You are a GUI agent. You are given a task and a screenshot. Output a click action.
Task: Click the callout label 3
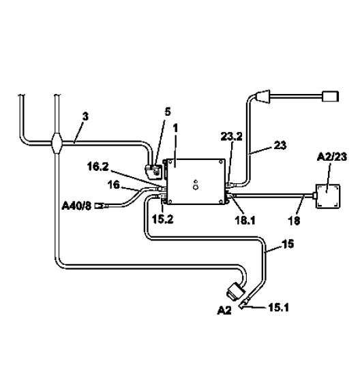(x=85, y=116)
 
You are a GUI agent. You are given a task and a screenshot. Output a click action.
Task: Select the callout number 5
(x=168, y=112)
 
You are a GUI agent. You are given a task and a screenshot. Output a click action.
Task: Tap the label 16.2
(x=98, y=167)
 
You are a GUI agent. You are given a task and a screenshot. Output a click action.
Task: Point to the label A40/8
(x=76, y=206)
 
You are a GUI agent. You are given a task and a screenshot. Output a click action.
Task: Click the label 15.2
(x=162, y=219)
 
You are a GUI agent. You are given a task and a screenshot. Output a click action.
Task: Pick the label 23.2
(x=231, y=137)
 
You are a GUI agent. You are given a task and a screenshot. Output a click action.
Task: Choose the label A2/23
(x=332, y=157)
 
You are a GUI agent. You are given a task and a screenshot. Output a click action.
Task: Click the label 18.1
(x=245, y=220)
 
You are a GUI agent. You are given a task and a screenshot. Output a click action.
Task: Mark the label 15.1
(x=278, y=308)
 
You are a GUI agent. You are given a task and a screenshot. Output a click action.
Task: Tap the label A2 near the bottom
(x=224, y=311)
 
